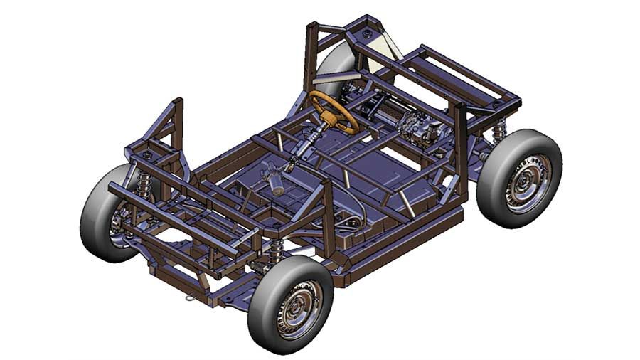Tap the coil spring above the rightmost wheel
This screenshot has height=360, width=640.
coord(500,131)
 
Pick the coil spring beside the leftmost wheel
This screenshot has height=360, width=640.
coord(144,186)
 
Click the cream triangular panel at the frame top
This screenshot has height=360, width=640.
coord(388,47)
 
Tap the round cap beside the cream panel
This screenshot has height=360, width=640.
coord(367,33)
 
